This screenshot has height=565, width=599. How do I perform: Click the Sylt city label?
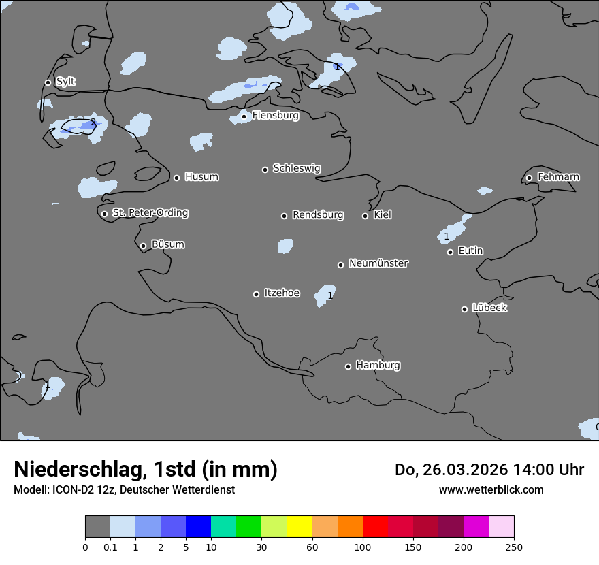65,82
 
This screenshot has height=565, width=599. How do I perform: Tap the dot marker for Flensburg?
244,116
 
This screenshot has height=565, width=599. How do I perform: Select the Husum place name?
201,177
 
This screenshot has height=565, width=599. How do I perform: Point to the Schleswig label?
296,168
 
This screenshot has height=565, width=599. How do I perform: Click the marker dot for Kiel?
365,216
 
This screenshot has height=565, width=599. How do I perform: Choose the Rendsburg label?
318,215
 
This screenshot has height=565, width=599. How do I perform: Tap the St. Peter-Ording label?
150,212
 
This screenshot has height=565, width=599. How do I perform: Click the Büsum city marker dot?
143,246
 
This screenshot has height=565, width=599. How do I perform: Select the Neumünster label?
378,263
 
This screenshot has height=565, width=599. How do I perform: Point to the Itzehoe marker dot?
256,294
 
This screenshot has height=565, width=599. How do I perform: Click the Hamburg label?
378,365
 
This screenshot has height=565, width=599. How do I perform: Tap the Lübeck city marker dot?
464,309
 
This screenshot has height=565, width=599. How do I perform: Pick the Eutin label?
470,251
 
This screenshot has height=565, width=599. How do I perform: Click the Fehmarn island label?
558,177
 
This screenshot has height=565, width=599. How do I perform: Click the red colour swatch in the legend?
375,527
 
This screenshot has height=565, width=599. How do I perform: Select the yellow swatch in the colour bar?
299,527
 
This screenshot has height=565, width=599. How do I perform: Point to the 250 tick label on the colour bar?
514,547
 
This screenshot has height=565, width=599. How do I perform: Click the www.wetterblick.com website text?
491,489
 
